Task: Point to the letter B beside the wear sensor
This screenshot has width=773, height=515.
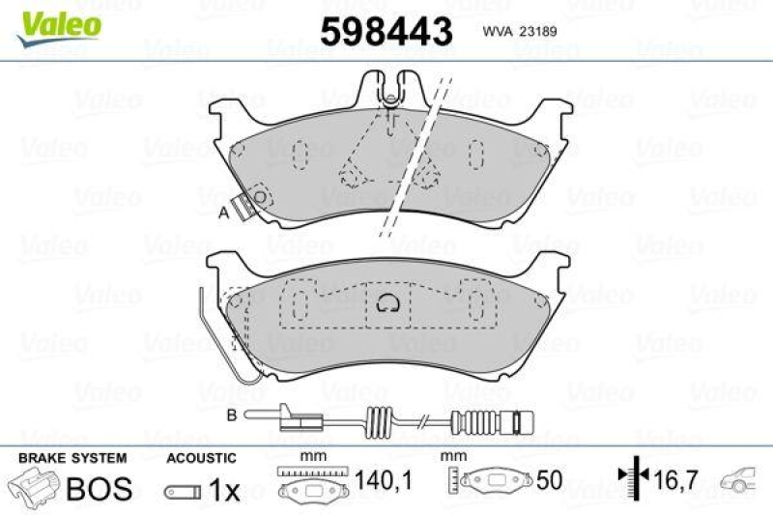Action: coord(232,416)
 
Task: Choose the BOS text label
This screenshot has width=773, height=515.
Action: coord(100,489)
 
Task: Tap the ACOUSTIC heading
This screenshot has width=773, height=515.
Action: coord(201,458)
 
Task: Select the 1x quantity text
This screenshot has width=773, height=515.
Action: coord(224,491)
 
